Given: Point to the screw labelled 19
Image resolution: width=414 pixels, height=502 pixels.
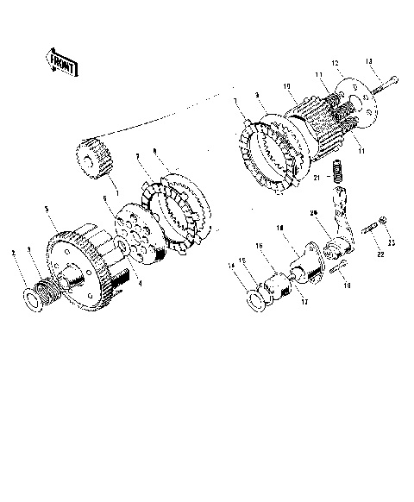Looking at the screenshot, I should tap(336, 269).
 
